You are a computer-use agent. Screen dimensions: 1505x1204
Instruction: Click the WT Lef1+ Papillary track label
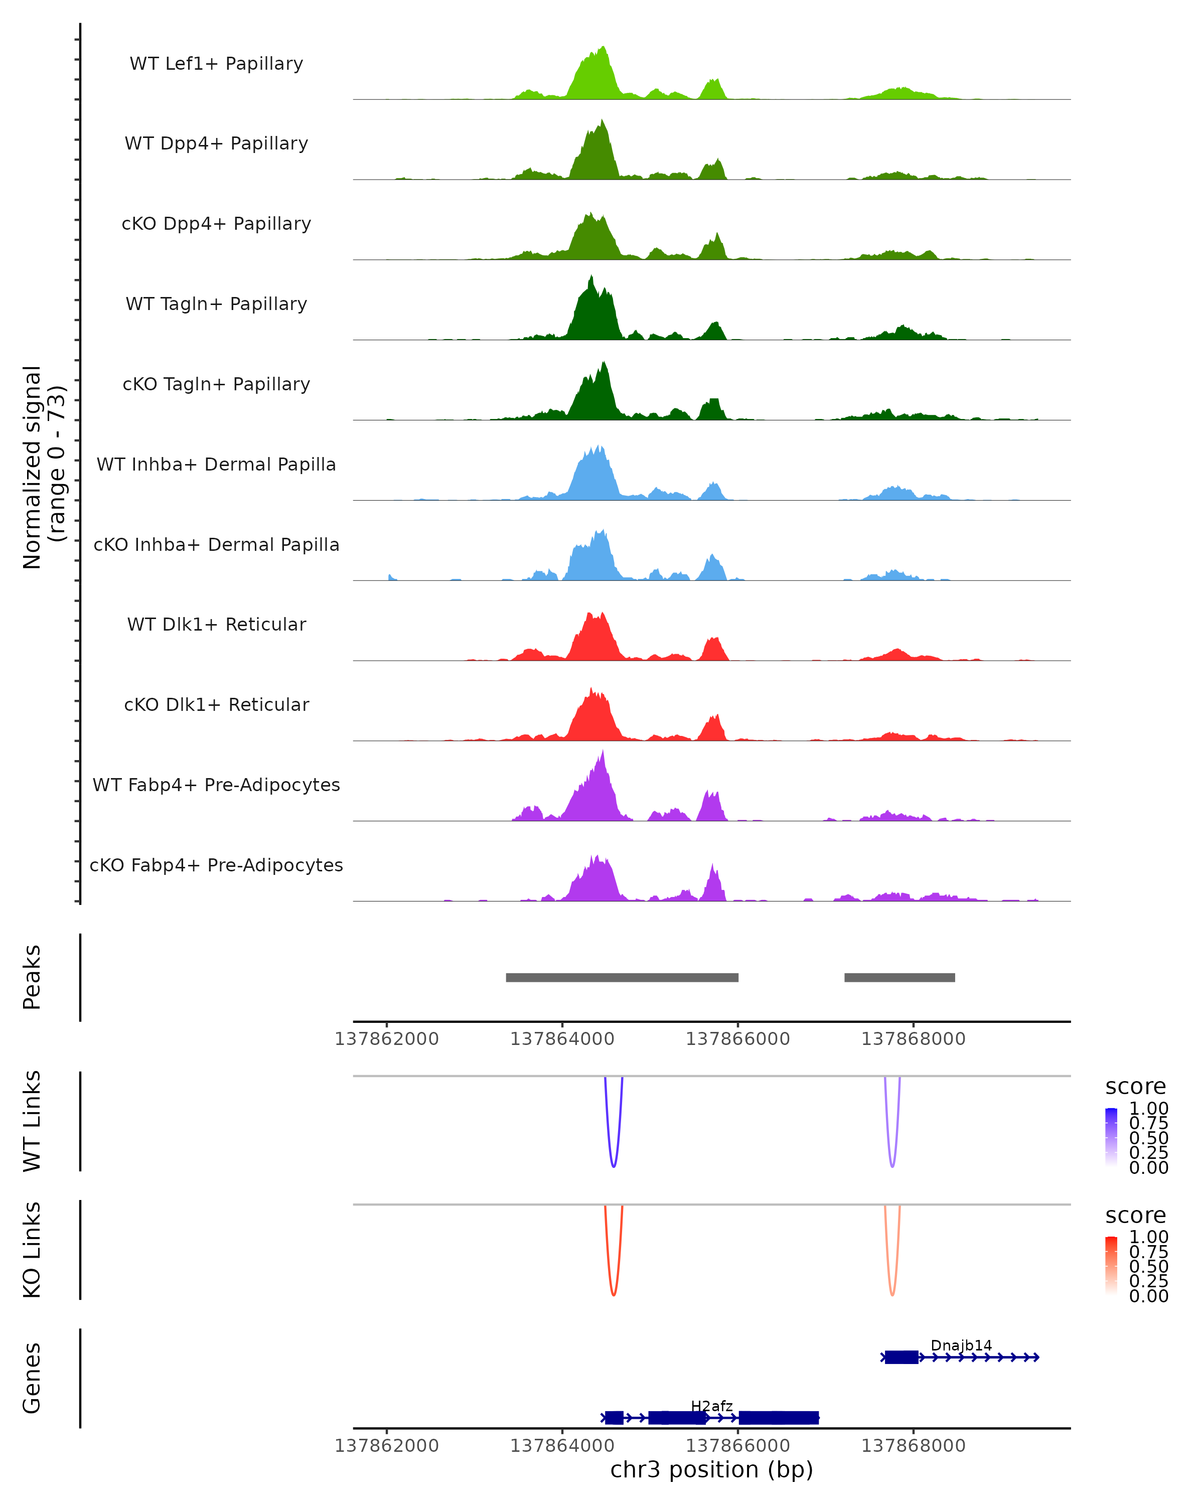pos(216,64)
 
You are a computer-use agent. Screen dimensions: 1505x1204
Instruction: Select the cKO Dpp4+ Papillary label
pos(216,224)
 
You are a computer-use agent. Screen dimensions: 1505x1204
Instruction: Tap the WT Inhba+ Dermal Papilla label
pos(216,465)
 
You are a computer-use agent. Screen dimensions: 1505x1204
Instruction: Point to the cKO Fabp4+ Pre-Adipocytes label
pos(216,865)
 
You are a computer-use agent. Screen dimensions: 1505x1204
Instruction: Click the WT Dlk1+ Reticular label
pos(216,625)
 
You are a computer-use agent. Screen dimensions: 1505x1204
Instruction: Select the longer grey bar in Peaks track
pos(622,977)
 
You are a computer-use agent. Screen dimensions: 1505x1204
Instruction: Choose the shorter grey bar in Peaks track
pos(899,977)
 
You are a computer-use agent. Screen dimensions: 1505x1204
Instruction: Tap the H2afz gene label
pos(711,1406)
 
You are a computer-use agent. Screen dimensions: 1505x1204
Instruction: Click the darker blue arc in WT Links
pos(614,1166)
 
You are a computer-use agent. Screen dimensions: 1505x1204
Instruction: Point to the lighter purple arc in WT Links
pos(892,1166)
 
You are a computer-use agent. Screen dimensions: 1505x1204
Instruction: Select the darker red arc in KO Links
pos(614,1295)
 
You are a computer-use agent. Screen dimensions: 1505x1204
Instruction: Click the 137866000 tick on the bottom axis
pos(738,1446)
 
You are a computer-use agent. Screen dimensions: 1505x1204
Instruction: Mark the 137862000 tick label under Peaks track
pos(387,1039)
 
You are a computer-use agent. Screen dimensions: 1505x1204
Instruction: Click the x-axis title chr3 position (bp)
pos(711,1470)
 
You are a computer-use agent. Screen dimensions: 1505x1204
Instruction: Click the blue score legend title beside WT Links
pos(1135,1087)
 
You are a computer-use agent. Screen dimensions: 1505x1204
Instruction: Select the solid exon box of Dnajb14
pos(901,1357)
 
